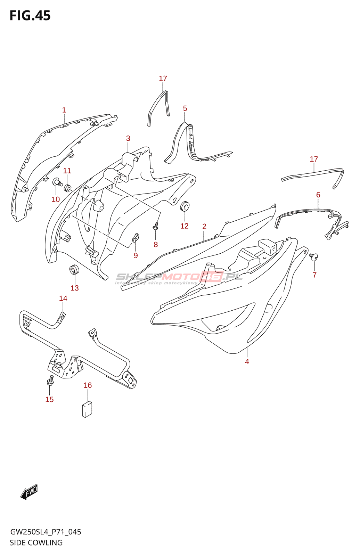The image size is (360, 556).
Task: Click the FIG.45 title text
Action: [30, 16]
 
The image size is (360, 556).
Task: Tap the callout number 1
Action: [64, 110]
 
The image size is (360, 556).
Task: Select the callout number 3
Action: [128, 138]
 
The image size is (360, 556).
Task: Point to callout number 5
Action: [185, 108]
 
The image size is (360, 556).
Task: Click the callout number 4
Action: [247, 362]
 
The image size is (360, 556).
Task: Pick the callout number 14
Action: [63, 299]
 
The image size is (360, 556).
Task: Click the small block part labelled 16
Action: [87, 409]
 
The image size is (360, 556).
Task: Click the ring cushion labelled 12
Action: [185, 206]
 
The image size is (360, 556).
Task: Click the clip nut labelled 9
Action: [136, 238]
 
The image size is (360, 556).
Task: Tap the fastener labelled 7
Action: [314, 257]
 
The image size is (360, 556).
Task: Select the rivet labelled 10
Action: [57, 182]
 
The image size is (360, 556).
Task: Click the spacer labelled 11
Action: [67, 188]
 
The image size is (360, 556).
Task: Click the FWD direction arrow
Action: [29, 492]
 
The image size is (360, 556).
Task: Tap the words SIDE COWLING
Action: [36, 542]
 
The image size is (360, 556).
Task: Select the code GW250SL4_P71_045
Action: [46, 532]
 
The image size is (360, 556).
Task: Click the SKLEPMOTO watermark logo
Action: [179, 277]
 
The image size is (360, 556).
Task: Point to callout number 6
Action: [318, 195]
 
